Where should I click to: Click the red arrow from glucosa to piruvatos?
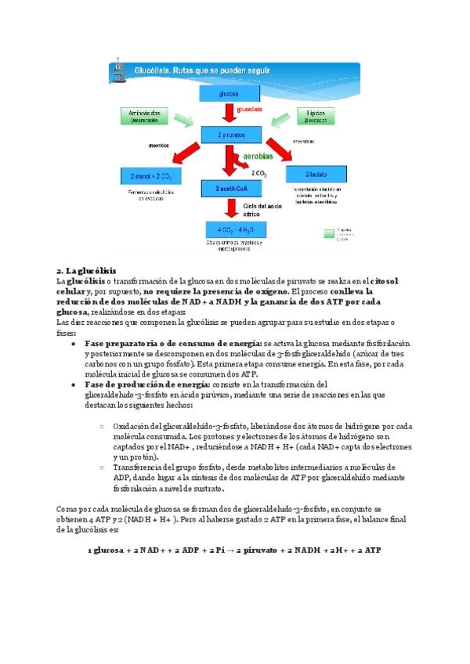tap(229, 114)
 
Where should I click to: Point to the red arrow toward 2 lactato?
tap(283, 152)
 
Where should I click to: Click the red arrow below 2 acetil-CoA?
tap(230, 208)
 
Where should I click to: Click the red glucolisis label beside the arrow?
tap(249, 109)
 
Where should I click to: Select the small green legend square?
tap(327, 233)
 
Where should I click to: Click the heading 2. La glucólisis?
tap(86, 270)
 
